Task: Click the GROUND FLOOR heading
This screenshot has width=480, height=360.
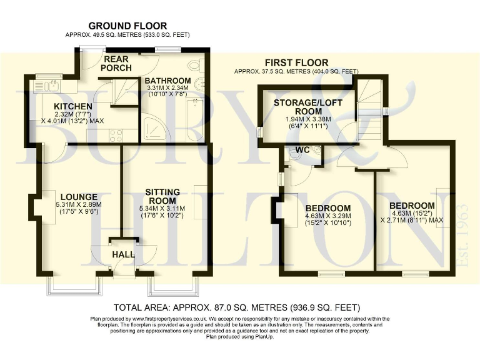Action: click(x=127, y=26)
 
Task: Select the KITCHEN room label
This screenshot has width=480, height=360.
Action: click(x=73, y=107)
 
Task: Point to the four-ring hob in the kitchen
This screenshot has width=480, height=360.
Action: click(x=116, y=134)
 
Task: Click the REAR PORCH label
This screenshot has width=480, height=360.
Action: click(x=115, y=64)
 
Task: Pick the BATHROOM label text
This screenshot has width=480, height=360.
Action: click(x=167, y=81)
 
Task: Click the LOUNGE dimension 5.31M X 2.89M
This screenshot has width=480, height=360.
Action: click(x=78, y=204)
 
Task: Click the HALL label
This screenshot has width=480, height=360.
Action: click(x=122, y=255)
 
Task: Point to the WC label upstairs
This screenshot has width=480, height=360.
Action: click(x=303, y=150)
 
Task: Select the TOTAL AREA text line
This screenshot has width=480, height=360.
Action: click(x=238, y=307)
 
